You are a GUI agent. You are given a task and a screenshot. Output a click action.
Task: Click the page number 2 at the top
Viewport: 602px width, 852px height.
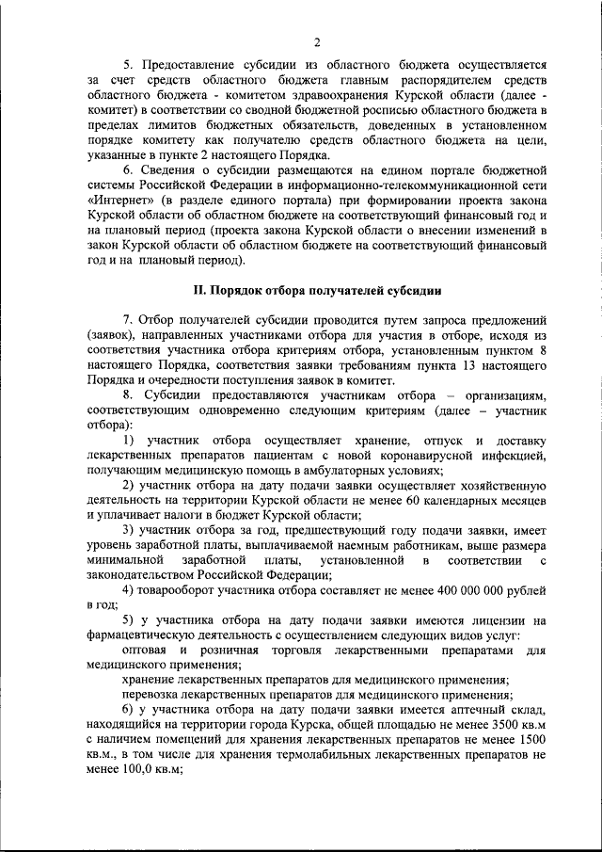click(317, 42)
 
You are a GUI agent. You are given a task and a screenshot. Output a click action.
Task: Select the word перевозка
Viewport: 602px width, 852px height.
click(153, 694)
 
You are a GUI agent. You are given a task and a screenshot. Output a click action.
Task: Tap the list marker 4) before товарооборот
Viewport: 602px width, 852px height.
click(132, 590)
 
